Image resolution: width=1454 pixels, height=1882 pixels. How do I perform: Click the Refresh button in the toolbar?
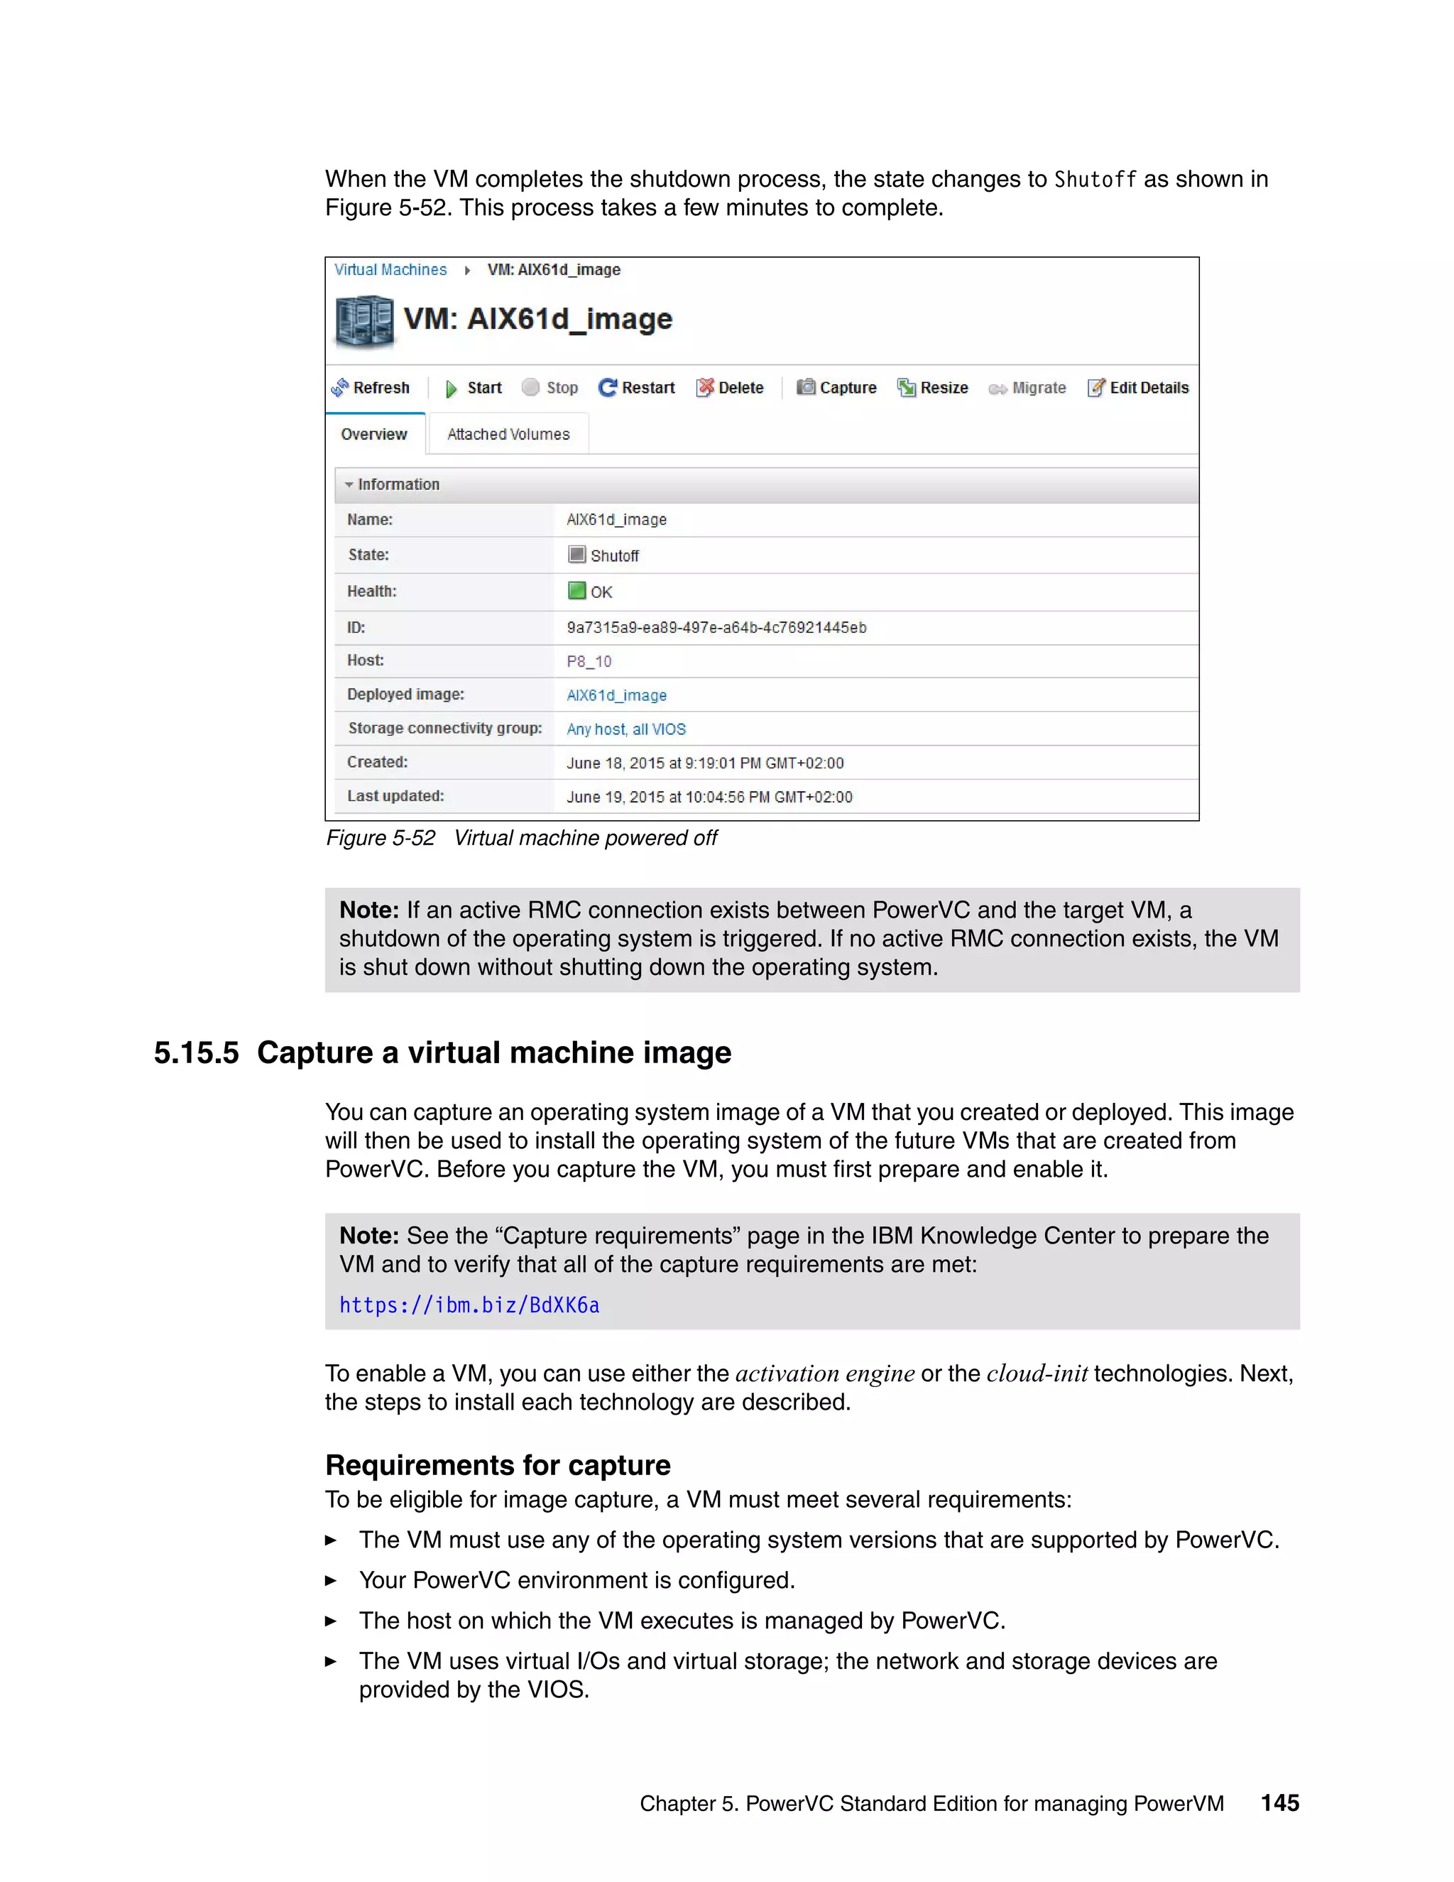371,388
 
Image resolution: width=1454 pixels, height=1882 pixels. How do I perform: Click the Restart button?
637,388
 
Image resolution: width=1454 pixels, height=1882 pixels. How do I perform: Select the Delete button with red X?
730,388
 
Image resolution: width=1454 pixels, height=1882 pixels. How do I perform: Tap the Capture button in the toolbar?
836,388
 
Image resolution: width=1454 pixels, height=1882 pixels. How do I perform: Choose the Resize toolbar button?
932,388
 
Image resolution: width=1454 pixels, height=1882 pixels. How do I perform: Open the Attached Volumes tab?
508,435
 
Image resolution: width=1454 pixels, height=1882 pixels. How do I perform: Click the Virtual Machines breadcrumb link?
390,270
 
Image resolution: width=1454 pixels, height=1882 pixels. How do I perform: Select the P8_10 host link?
589,662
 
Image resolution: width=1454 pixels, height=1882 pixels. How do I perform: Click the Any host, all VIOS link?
626,729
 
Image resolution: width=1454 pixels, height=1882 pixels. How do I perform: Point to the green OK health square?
576,591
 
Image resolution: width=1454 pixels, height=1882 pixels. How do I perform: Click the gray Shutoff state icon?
576,554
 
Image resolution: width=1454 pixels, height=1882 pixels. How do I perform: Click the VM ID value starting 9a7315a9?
716,627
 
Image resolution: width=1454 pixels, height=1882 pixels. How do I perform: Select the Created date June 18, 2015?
704,763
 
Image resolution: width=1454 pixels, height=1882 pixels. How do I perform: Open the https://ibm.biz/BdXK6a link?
469,1305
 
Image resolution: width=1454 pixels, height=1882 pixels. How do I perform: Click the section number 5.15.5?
197,1053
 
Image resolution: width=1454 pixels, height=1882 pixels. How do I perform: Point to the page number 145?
1279,1802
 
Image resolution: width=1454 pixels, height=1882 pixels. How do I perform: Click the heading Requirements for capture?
498,1465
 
